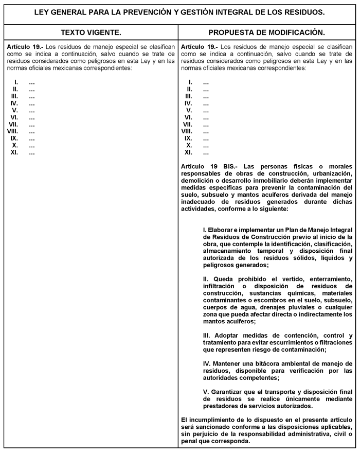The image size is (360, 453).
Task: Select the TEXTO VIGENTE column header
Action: coord(91,32)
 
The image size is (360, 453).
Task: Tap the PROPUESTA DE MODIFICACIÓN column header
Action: coord(266,32)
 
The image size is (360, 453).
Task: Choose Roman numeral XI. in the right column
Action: coord(188,152)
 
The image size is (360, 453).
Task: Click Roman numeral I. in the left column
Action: coord(16,82)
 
